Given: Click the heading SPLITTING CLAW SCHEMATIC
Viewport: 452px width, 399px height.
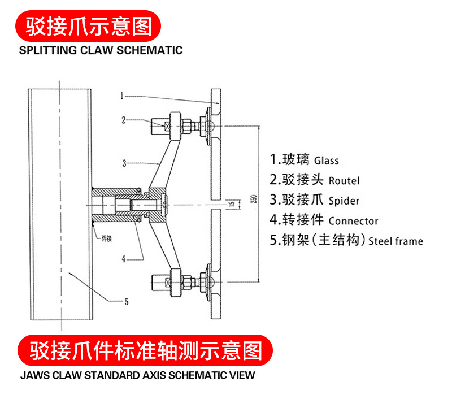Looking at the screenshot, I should click(x=101, y=50).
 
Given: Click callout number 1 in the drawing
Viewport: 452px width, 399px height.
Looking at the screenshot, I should click(x=122, y=96).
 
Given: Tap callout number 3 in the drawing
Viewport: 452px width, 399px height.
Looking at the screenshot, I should click(x=123, y=163).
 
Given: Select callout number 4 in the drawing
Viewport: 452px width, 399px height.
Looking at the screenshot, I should click(x=124, y=259).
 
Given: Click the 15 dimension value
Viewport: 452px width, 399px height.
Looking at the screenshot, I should click(x=231, y=203).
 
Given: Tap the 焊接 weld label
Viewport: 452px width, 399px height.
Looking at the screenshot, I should click(x=106, y=238).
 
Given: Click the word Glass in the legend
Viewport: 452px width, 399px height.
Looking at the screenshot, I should click(x=326, y=161).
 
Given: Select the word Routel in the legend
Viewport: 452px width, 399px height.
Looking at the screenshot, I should click(x=344, y=181).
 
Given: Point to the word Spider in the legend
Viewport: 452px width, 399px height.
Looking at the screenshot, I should click(x=344, y=201).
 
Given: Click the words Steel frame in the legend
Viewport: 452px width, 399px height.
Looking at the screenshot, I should click(x=395, y=241).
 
